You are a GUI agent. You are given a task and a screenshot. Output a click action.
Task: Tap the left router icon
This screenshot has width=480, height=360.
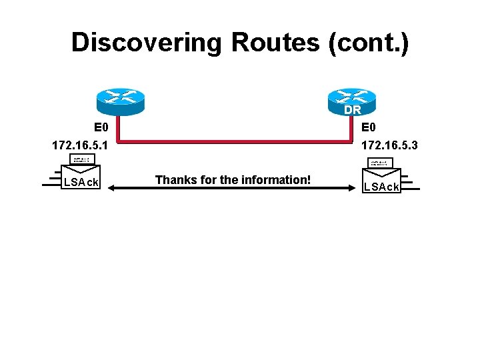(x=120, y=101)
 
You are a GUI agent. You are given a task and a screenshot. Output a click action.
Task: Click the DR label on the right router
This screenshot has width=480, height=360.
(x=353, y=110)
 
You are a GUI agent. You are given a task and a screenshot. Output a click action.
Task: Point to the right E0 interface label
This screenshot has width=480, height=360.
(x=369, y=127)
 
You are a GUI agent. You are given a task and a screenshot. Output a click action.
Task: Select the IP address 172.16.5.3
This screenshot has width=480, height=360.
(x=389, y=144)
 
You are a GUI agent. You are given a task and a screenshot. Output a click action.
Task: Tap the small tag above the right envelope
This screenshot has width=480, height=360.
(x=380, y=163)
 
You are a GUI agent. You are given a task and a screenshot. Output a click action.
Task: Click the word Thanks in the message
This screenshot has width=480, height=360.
(x=174, y=179)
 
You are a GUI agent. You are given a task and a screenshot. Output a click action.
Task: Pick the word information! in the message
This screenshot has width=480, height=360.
(x=279, y=179)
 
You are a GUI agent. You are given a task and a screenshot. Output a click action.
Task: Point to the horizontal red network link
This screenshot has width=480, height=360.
(x=233, y=141)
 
